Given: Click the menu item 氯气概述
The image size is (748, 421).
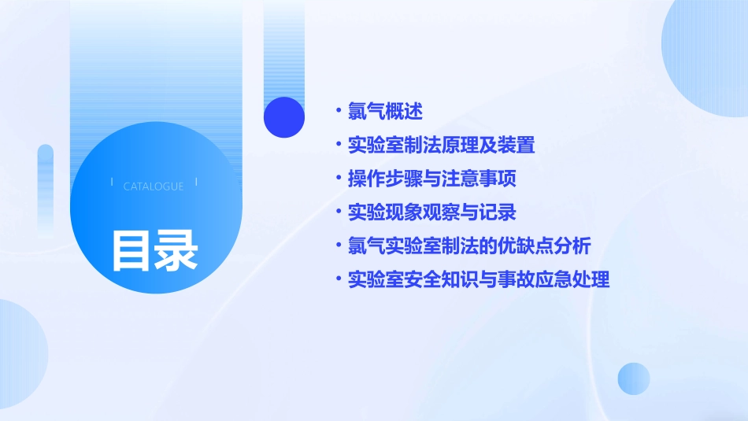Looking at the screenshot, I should (385, 112).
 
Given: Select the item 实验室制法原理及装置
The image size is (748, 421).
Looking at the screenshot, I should (441, 146).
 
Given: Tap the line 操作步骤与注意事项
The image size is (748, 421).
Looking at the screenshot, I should (431, 179).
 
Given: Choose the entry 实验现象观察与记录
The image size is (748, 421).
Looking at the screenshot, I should (431, 212).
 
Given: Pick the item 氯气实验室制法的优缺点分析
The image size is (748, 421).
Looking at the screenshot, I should (469, 246).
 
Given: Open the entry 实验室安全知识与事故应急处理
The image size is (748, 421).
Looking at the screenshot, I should (479, 279).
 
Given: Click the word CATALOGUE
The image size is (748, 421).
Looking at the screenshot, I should (154, 186).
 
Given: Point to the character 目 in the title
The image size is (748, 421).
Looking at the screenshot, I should (131, 250).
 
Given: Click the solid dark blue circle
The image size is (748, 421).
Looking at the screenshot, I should (284, 117).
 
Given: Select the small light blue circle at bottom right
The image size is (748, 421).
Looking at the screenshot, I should (634, 379).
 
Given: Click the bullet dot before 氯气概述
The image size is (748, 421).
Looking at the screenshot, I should (339, 112).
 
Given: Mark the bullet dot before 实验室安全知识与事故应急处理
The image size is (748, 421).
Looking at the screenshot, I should (339, 279).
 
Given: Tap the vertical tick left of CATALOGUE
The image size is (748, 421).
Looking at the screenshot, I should (112, 183).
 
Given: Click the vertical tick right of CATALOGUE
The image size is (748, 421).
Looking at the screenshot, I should (196, 183).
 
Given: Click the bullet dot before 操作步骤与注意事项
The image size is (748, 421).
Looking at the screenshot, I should (339, 179).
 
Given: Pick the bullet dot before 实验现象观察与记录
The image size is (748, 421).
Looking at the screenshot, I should (339, 212).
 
